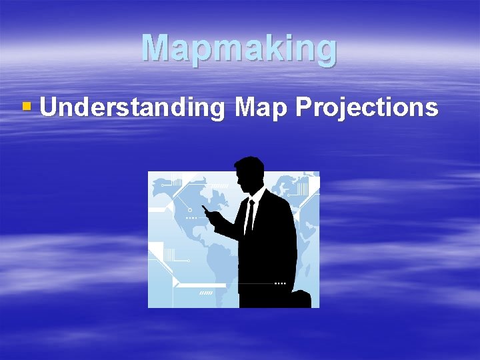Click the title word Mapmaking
239,48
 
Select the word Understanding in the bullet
132,107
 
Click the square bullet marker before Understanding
27,106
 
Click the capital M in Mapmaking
155,48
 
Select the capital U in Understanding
49,107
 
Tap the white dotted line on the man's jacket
280,283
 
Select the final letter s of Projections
432,109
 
